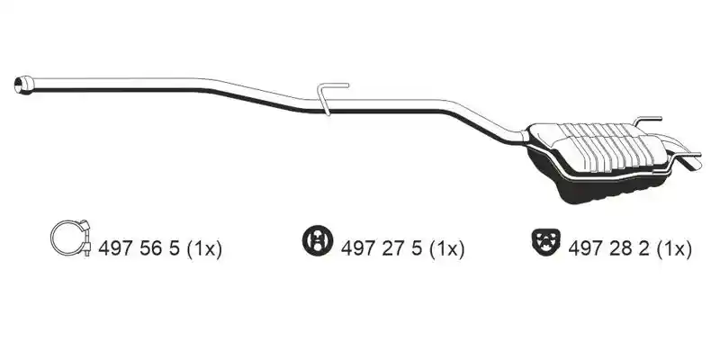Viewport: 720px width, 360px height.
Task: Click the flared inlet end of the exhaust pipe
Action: click(24, 85)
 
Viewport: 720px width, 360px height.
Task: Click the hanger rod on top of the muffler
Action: click(647, 121)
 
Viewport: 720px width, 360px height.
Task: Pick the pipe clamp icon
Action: click(71, 238)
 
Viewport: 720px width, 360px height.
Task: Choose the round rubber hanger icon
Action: click(318, 240)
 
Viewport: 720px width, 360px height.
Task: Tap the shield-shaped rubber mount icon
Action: click(546, 241)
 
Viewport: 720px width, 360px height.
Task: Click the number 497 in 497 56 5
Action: click(114, 248)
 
